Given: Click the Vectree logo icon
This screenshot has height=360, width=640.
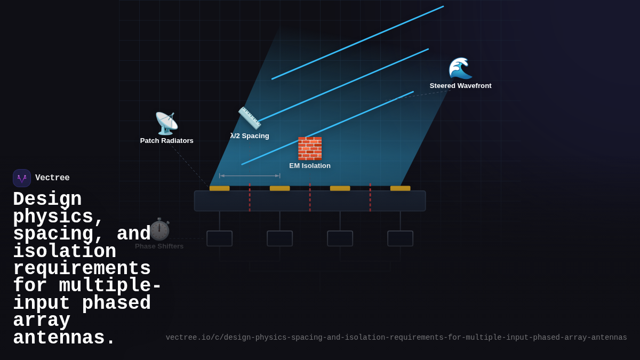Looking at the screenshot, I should [x=22, y=178].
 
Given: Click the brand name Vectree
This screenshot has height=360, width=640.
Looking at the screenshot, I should [x=52, y=178].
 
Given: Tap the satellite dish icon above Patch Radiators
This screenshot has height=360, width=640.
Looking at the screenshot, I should [x=166, y=123].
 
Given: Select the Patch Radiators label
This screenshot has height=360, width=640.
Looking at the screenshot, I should [x=167, y=141].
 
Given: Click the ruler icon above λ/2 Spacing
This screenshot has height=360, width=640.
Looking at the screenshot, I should [x=250, y=118].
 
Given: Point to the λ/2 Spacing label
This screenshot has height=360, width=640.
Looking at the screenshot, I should [x=250, y=136].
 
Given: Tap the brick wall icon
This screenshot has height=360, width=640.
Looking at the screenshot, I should [x=310, y=148].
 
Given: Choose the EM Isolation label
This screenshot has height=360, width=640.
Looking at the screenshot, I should [x=310, y=166].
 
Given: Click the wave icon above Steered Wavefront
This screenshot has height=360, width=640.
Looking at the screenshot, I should [x=460, y=68].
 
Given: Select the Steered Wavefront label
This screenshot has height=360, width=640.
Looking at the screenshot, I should [x=461, y=86].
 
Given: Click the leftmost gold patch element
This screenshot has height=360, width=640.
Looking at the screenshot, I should [x=220, y=188].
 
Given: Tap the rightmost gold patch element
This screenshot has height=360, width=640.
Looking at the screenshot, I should [x=401, y=188].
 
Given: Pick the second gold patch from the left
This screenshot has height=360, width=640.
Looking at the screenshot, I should [x=280, y=188].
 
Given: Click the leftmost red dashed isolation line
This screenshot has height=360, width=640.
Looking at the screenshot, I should [x=250, y=197].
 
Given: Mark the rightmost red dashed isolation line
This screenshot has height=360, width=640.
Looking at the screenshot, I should [x=370, y=197].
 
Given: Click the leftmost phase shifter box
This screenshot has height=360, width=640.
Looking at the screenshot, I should [x=220, y=238].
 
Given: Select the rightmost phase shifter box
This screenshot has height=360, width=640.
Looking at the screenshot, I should [x=401, y=238].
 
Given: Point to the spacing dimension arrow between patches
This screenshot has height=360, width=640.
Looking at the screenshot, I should [x=250, y=175].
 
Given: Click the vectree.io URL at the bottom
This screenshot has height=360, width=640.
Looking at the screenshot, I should [x=396, y=338].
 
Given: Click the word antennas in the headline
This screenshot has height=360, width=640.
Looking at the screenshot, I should [x=64, y=338].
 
